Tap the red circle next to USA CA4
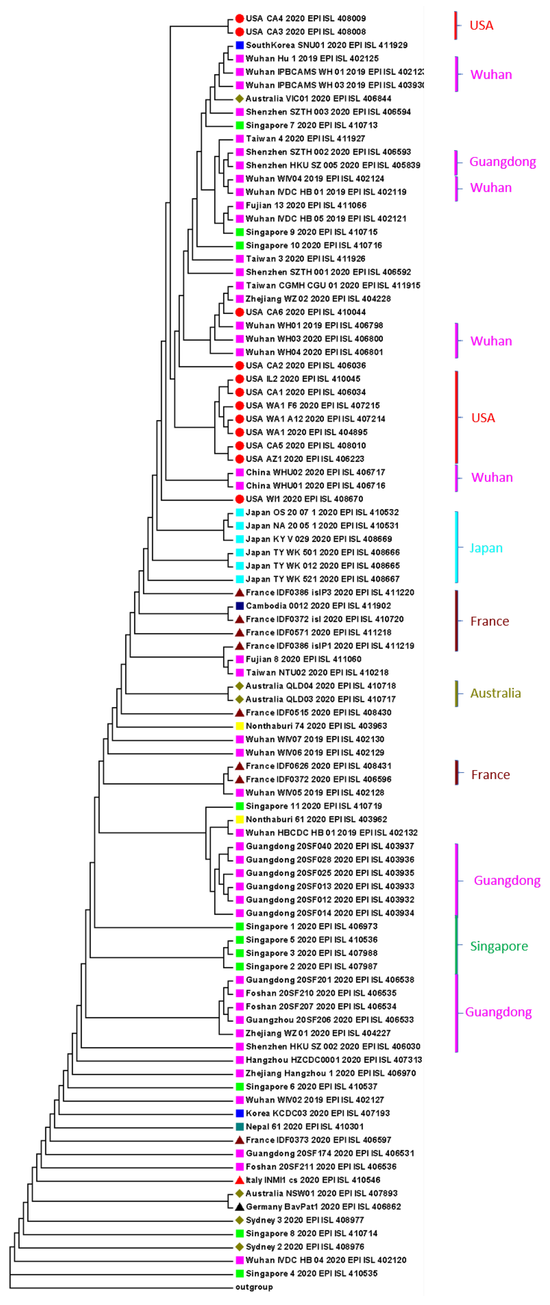pyautogui.click(x=240, y=18)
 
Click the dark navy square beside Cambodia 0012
pyautogui.click(x=240, y=605)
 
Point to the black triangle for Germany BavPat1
pyautogui.click(x=240, y=1206)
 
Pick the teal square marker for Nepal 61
pyautogui.click(x=240, y=1126)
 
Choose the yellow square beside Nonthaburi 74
pyautogui.click(x=240, y=725)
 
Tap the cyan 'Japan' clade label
pyautogui.click(x=486, y=548)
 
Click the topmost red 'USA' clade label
pyautogui.click(x=481, y=25)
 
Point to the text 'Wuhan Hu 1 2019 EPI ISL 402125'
pyautogui.click(x=312, y=58)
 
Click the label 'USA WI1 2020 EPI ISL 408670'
pyautogui.click(x=304, y=498)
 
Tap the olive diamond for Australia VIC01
pyautogui.click(x=240, y=98)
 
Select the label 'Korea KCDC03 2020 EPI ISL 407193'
pyautogui.click(x=317, y=1113)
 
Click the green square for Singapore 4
pyautogui.click(x=240, y=1273)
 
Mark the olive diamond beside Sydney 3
pyautogui.click(x=240, y=1220)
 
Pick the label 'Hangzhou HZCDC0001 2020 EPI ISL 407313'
pyautogui.click(x=334, y=1059)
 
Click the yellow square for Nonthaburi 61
pyautogui.click(x=240, y=819)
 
